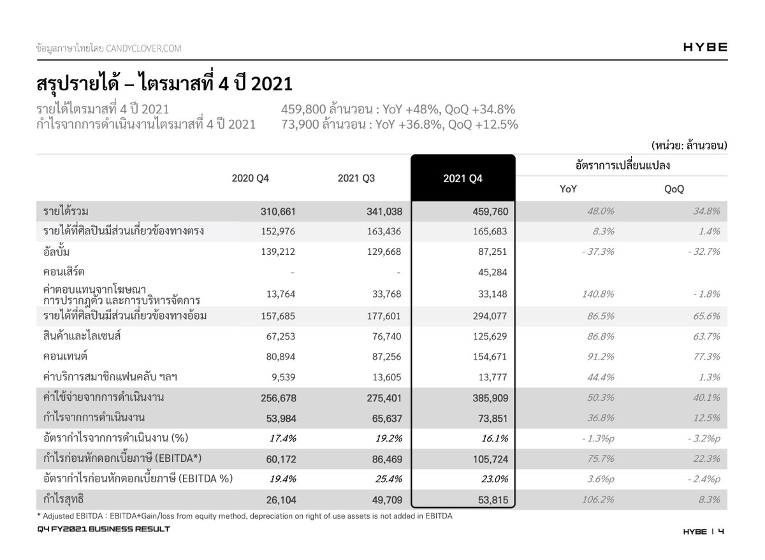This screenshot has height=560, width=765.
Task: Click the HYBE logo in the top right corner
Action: pos(704,47)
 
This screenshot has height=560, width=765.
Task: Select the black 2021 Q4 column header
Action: pos(463,179)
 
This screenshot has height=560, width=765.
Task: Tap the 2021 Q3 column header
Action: pos(356,178)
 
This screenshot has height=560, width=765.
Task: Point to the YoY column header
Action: pos(569,189)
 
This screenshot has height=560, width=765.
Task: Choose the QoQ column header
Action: pos(674,189)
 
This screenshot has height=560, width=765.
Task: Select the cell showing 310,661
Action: pos(277,212)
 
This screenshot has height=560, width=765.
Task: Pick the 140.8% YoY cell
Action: pos(598,294)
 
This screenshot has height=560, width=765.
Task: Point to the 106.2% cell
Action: pos(598,499)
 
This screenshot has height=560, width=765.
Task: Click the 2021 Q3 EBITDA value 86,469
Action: pos(383,459)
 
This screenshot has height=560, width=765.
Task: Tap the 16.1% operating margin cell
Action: pos(495,438)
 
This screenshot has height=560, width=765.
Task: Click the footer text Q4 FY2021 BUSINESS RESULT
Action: pos(103,530)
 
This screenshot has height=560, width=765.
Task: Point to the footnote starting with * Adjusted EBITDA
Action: pos(244,516)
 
